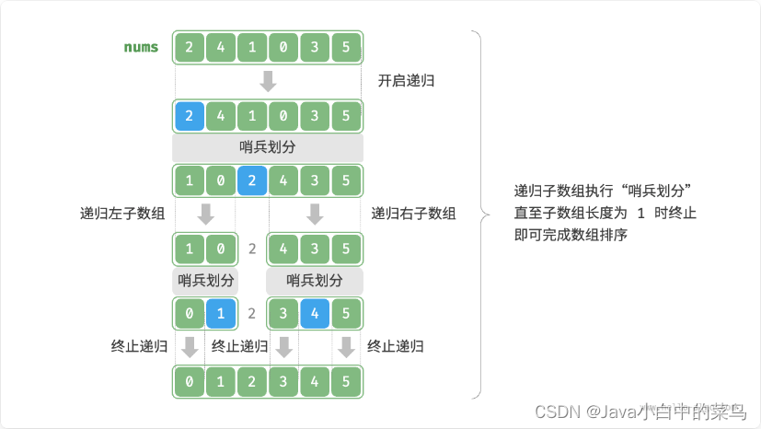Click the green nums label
141,46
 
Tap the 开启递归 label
406,81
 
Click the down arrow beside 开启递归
268,81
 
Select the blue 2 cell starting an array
189,116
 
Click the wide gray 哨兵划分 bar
268,147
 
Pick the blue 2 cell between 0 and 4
251,180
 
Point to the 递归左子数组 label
122,214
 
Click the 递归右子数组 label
413,214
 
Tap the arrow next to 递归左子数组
206,214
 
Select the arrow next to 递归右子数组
315,214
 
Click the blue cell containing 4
315,313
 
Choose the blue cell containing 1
220,313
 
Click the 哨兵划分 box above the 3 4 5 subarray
315,281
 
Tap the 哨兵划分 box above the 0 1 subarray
206,281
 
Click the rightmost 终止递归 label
395,347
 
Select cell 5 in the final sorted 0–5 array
346,381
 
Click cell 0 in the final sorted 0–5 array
189,381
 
